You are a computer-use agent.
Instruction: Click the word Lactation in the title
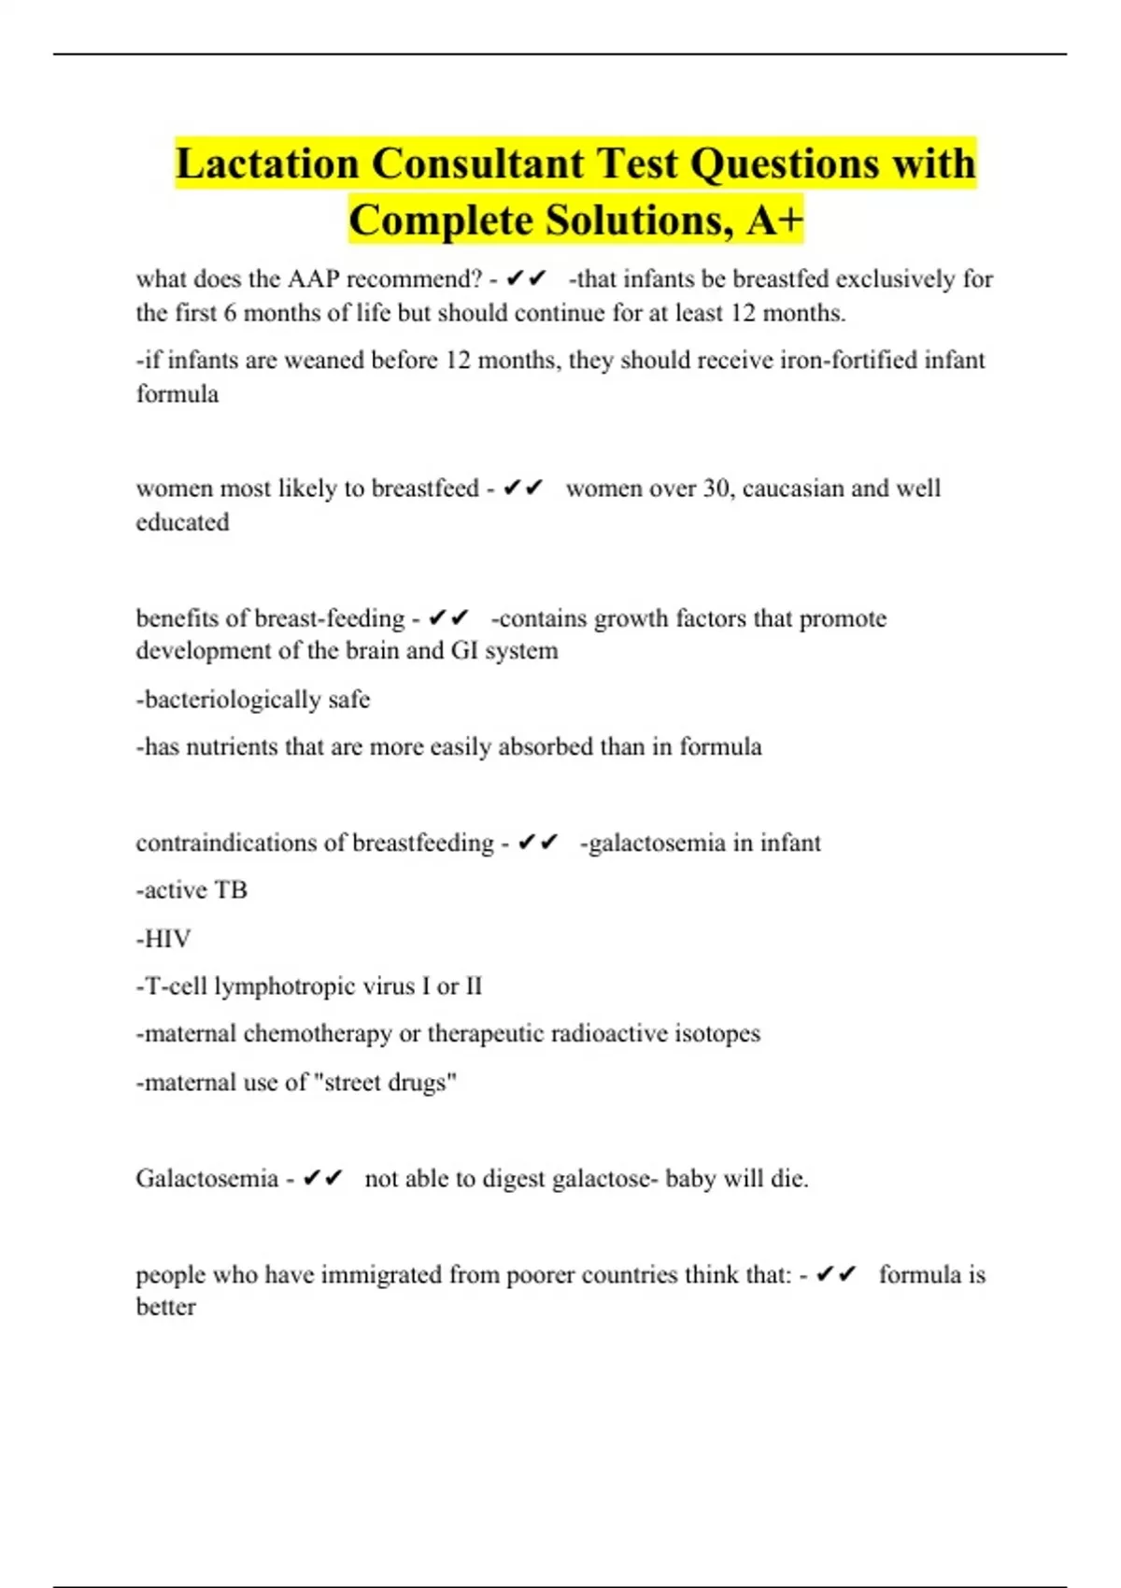[266, 163]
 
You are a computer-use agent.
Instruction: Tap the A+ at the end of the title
[774, 220]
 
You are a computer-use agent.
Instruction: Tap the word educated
[182, 522]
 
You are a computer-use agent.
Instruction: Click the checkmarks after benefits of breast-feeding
[448, 618]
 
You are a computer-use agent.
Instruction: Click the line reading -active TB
[192, 890]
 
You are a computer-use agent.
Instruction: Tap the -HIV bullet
[163, 939]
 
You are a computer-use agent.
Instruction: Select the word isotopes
[717, 1034]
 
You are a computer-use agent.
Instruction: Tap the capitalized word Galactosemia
[206, 1179]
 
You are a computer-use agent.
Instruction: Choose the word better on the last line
[165, 1307]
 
